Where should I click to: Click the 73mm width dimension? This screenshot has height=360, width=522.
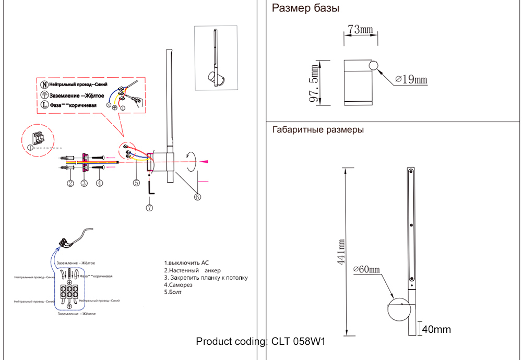click(x=360, y=30)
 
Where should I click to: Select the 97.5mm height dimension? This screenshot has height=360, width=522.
click(x=314, y=83)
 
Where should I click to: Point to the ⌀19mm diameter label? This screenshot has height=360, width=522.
click(x=411, y=79)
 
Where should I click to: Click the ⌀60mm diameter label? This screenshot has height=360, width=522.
click(x=366, y=269)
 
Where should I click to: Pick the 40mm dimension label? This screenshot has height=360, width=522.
click(x=436, y=329)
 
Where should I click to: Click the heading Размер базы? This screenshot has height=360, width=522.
click(x=306, y=8)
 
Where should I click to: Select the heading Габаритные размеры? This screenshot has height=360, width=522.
click(x=318, y=130)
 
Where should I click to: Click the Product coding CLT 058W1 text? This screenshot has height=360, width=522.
click(x=260, y=342)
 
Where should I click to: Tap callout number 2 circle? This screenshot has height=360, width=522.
click(x=70, y=183)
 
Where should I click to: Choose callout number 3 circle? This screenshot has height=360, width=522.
click(x=84, y=183)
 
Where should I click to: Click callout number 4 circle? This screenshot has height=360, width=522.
click(x=99, y=183)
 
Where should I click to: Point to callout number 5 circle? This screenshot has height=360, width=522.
click(x=136, y=183)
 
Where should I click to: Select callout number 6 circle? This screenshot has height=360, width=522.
click(x=197, y=197)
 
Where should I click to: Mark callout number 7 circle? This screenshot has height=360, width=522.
click(x=149, y=207)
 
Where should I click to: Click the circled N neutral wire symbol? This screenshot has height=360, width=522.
click(x=44, y=84)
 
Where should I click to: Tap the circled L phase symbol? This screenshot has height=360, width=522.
click(x=44, y=105)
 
